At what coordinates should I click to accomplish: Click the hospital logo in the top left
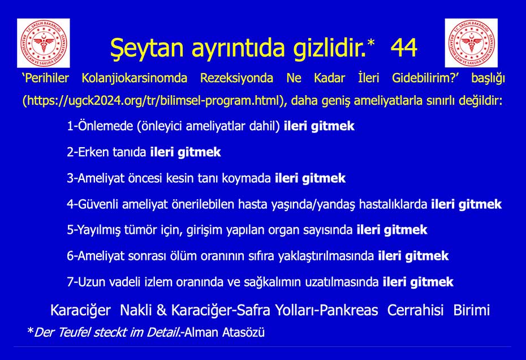coord(44,43)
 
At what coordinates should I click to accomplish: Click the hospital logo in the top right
coord(471,43)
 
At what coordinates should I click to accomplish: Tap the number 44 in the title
coord(404,48)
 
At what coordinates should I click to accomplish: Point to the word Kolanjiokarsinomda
coord(135,78)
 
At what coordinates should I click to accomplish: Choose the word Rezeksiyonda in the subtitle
coord(236,78)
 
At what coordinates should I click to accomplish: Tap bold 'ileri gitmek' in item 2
coord(186,152)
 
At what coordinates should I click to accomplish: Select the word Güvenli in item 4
coord(98,204)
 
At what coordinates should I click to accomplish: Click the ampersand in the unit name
coord(161,310)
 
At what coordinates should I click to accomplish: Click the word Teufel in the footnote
coord(74,332)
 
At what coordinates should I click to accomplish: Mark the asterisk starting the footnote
coord(30,331)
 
